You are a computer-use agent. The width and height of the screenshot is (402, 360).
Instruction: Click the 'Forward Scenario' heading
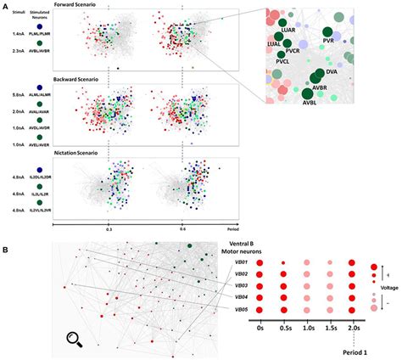point(99,4)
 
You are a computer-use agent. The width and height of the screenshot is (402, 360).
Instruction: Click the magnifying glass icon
point(76,340)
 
